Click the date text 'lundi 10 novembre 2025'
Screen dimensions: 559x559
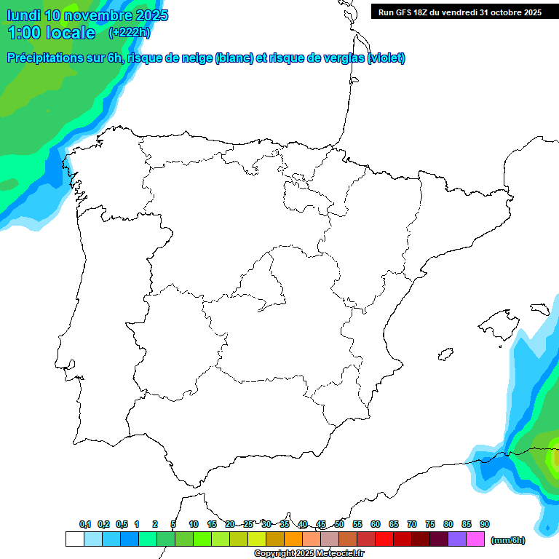tap(87, 15)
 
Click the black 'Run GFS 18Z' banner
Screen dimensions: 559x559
tap(459, 12)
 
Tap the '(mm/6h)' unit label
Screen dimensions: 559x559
tap(507, 540)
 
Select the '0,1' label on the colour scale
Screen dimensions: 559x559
tap(85, 524)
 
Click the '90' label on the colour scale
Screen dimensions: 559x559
tap(485, 524)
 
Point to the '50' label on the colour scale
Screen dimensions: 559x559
tap(339, 524)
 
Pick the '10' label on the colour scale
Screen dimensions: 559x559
tap(194, 524)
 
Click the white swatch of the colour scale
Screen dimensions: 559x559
tap(74, 539)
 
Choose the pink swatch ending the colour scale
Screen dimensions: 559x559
tap(475, 539)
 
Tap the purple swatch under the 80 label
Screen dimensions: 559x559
tap(457, 539)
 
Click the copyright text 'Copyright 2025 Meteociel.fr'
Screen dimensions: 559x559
tap(309, 554)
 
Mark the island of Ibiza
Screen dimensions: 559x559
tap(445, 354)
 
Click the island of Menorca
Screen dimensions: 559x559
tap(539, 309)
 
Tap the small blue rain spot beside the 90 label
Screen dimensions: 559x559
tap(547, 526)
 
